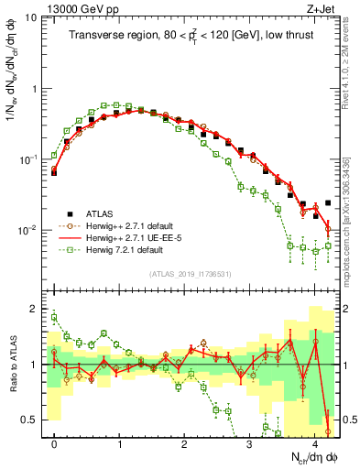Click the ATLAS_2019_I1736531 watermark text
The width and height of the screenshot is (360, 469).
(191, 274)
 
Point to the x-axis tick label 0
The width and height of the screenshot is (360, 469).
(54, 443)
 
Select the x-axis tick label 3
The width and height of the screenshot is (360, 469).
(249, 443)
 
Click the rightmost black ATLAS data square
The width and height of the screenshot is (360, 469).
(328, 203)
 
